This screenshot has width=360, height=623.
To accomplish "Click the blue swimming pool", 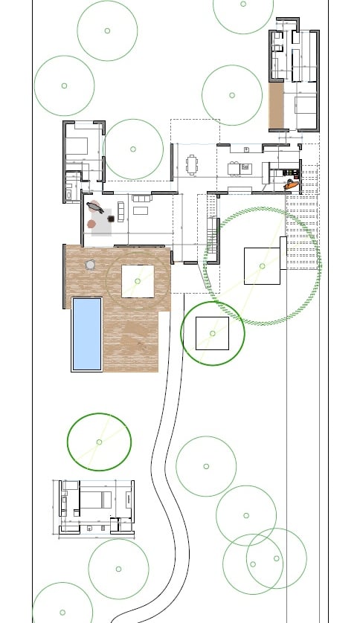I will tap(86, 334).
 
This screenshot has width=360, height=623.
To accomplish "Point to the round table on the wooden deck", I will tap(91, 264).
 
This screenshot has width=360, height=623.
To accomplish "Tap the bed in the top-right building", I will tap(306, 104).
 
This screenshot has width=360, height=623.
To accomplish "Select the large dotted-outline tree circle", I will tap(262, 266).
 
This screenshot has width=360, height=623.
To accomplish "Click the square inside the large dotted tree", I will tap(262, 266).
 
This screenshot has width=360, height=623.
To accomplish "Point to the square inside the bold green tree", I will tap(213, 334).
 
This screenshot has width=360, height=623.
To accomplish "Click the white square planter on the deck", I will tap(138, 281).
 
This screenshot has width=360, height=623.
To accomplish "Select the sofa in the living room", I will tap(141, 198).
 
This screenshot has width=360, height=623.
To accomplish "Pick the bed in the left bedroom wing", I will tap(78, 146).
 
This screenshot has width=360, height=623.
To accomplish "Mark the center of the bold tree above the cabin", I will tap(99, 442).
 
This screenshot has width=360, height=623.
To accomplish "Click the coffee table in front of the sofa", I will tap(141, 210).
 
